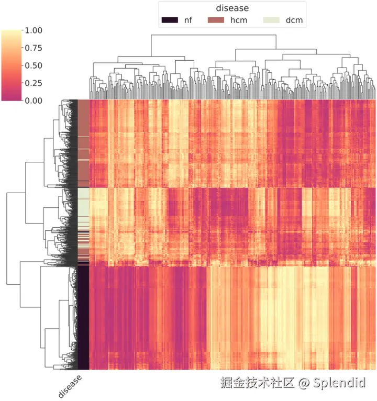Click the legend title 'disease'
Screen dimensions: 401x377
tap(232, 8)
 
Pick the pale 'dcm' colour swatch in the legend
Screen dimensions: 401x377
tap(272, 20)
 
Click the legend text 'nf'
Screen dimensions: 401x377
tap(188, 20)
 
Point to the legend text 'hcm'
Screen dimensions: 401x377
tap(239, 20)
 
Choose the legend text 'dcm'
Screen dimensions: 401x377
tap(294, 20)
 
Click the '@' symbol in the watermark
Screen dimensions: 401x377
tap(305, 383)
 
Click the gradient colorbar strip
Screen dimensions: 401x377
tap(11, 65)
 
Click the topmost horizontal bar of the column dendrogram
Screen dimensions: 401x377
tap(213, 35)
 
